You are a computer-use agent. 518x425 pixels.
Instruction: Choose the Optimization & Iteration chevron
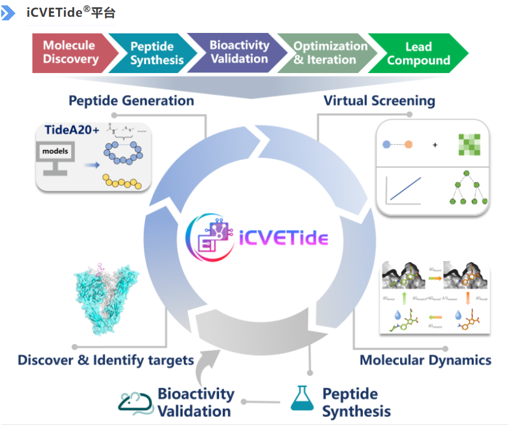[x=330, y=53]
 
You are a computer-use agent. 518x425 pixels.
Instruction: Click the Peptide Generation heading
[x=131, y=101]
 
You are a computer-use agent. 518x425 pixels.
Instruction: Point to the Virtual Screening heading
[x=379, y=101]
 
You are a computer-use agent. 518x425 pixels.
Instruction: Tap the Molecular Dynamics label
[x=425, y=360]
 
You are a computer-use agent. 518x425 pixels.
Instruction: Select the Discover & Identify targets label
[x=105, y=360]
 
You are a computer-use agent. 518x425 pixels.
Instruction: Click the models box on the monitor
[x=55, y=152]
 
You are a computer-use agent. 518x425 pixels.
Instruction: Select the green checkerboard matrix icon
[x=470, y=145]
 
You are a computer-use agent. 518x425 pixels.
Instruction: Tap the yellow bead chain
[x=122, y=181]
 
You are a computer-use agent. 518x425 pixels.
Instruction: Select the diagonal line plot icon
[x=406, y=188]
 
